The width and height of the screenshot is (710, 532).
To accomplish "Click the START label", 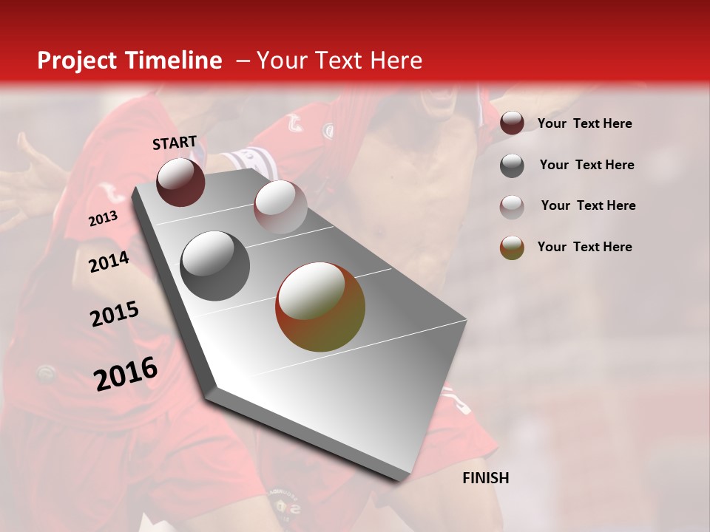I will (175, 143).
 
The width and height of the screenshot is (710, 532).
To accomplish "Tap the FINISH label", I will (486, 478).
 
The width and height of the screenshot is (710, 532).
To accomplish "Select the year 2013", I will (103, 219).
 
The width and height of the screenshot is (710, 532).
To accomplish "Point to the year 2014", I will (109, 262).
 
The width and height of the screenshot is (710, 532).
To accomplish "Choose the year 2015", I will (115, 315).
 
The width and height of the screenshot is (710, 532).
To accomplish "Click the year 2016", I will (126, 373).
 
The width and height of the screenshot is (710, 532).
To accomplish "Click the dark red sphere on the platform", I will (180, 182).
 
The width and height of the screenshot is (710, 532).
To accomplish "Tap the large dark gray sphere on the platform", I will (215, 266).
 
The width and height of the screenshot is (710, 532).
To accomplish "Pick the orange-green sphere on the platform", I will (320, 307).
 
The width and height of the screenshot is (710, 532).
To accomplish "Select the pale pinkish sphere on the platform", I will (280, 207).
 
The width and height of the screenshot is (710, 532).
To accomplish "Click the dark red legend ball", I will (512, 123).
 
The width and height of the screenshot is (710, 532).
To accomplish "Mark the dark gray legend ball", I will (512, 166).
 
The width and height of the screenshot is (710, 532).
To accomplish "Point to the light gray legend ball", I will (512, 206).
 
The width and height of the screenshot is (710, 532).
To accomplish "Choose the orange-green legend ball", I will (512, 248).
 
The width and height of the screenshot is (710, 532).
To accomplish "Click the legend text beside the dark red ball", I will (584, 124).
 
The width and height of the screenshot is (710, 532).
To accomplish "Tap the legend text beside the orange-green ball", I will (584, 247).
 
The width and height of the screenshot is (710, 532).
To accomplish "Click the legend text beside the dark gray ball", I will (586, 165).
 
